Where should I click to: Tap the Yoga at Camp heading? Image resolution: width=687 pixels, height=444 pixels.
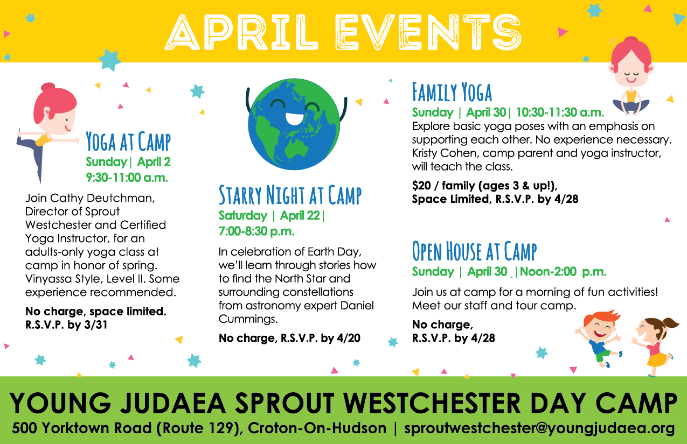(x=128, y=142)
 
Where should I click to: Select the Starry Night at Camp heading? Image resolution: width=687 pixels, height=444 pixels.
(x=290, y=195)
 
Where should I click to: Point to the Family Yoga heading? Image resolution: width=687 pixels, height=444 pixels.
(x=452, y=91)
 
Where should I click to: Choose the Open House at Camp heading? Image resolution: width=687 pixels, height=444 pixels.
(x=474, y=251)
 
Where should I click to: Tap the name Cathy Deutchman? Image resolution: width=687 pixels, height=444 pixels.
(x=102, y=198)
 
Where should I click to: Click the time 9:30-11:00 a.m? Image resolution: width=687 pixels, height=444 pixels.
(x=127, y=178)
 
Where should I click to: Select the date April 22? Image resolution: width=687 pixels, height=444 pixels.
(x=300, y=215)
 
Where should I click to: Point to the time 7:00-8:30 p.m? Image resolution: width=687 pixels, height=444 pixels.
(x=256, y=231)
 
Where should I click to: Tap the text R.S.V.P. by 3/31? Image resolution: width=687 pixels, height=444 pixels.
(x=66, y=325)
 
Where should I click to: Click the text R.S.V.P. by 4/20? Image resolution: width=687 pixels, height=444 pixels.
(x=321, y=338)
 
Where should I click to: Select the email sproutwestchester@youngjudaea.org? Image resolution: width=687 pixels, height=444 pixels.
(x=539, y=428)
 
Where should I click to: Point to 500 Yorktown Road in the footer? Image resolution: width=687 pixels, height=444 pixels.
(x=82, y=428)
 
